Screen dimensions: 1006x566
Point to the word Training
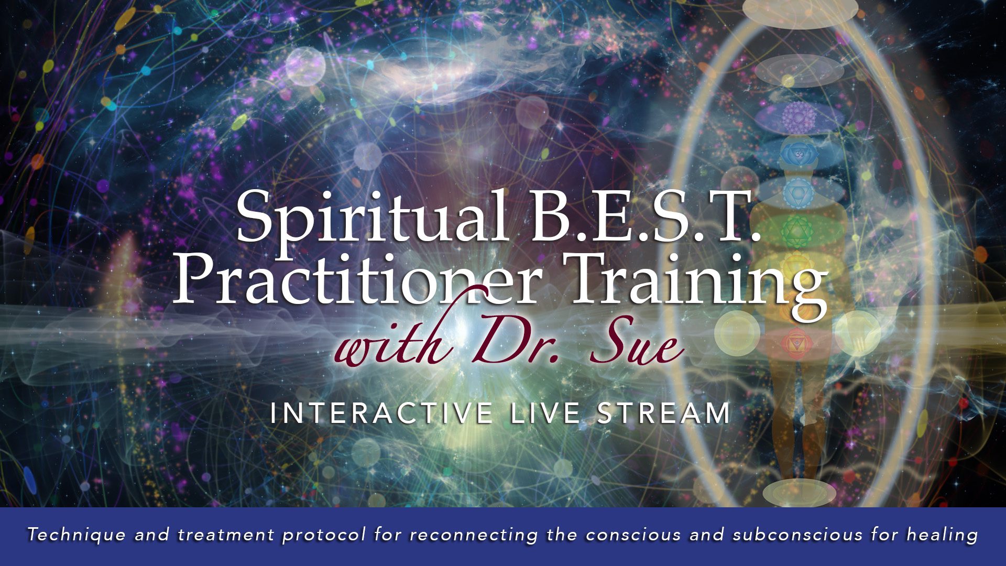tap(697, 286)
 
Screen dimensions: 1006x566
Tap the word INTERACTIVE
tap(381, 413)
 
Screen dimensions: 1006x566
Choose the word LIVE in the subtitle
tap(546, 413)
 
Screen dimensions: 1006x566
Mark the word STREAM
tap(664, 413)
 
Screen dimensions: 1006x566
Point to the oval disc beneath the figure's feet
tap(799, 493)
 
